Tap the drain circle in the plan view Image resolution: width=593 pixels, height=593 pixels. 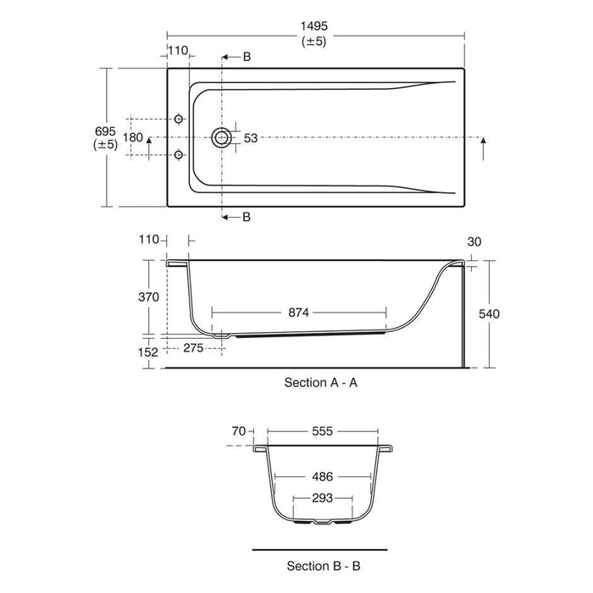pos(224,137)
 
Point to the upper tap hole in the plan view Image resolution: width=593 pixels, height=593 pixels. pos(178,119)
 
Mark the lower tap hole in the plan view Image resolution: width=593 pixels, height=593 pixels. pos(178,154)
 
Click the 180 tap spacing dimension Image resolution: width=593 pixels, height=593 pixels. pos(133,137)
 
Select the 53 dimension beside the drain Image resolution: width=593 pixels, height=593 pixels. pos(252,137)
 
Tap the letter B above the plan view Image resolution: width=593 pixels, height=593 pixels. pos(247,57)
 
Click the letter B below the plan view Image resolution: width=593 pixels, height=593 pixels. pos(247,217)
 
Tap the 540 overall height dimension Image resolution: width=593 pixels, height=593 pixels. pos(490,313)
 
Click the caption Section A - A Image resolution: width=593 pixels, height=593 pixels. pos(321,383)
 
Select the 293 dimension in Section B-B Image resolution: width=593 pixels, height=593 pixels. pos(322,498)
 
